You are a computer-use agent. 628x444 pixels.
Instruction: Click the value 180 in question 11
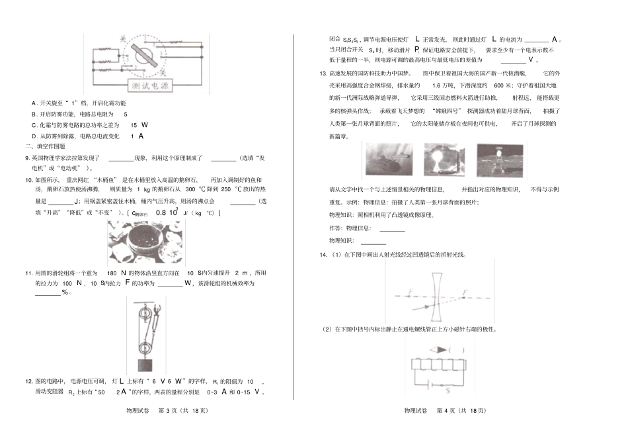[112, 273]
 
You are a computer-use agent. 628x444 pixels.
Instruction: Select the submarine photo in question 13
[384, 161]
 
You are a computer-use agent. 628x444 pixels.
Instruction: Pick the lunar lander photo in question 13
[499, 161]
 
